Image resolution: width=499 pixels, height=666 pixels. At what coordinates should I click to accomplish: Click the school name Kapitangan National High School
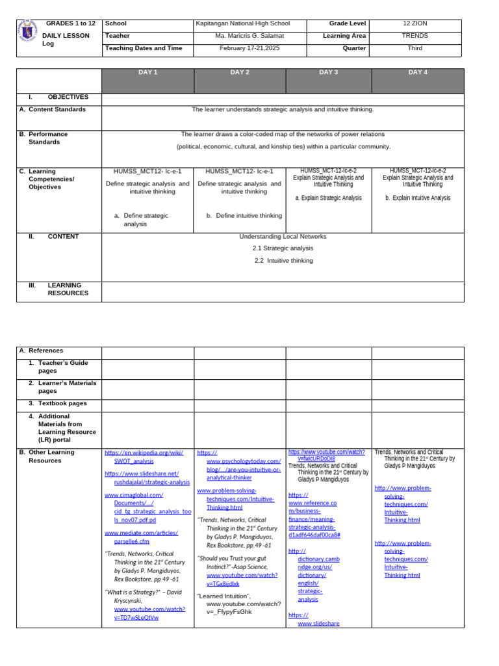(242, 24)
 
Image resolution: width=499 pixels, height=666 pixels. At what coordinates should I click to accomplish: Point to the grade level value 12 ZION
(416, 24)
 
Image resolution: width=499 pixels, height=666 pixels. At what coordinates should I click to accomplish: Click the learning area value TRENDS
(415, 36)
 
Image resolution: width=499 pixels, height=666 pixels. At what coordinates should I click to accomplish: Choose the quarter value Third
(415, 49)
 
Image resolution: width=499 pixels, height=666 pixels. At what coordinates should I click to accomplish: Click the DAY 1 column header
(148, 73)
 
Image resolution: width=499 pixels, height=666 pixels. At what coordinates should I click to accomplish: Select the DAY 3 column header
(329, 73)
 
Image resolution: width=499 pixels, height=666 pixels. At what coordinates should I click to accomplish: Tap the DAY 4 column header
(417, 73)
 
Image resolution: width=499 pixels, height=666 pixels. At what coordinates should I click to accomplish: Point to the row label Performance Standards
(48, 138)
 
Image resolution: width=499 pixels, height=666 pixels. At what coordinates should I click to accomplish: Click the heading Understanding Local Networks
(283, 237)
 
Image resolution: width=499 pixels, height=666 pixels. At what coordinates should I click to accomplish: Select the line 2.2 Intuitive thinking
(283, 261)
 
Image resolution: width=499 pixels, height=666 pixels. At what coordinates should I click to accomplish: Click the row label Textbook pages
(62, 404)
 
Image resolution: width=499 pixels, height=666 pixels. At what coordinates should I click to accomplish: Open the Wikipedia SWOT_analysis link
(144, 457)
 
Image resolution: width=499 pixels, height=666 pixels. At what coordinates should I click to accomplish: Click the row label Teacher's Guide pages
(63, 367)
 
